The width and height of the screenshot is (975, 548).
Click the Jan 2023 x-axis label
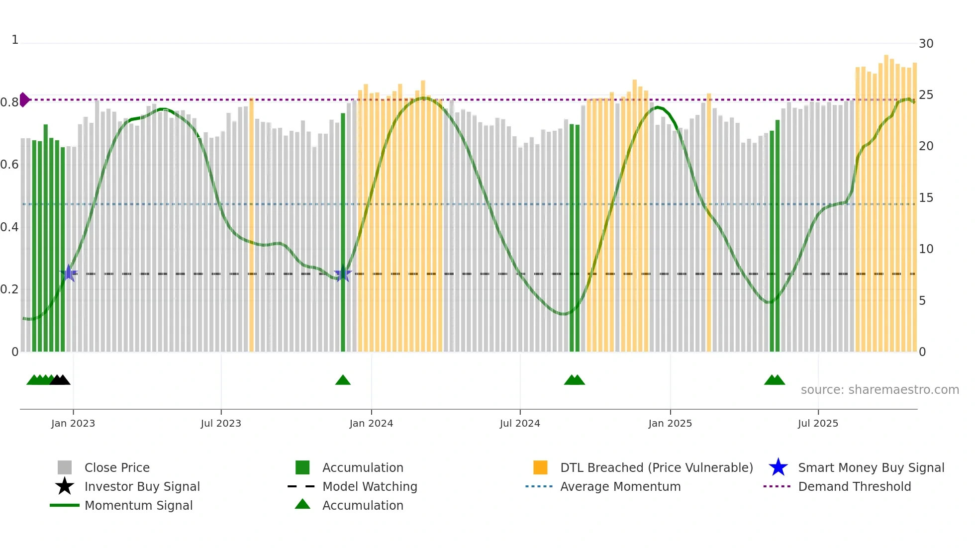[x=73, y=423]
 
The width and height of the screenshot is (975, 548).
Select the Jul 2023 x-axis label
[x=221, y=423]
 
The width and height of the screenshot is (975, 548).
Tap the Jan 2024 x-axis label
[x=371, y=423]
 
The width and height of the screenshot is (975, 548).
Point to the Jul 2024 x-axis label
[x=520, y=423]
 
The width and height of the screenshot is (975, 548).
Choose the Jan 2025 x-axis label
[x=670, y=423]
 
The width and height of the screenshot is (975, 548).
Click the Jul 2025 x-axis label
[x=818, y=423]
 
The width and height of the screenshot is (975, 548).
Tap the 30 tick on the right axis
[x=926, y=44]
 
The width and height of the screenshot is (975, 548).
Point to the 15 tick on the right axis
[x=926, y=198]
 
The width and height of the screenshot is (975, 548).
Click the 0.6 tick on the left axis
[x=9, y=165]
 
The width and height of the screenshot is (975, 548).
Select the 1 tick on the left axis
[x=15, y=40]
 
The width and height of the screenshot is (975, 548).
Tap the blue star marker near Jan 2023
[x=69, y=273]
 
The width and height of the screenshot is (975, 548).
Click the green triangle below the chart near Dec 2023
[x=343, y=380]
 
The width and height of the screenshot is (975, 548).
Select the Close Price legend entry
[x=116, y=467]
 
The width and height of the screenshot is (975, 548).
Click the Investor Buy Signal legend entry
[x=142, y=486]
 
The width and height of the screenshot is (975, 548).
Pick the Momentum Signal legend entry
[x=138, y=505]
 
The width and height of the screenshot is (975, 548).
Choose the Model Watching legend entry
[x=370, y=486]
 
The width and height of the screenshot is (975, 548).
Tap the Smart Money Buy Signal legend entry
[x=871, y=467]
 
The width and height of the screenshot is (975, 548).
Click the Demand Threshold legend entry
[x=854, y=486]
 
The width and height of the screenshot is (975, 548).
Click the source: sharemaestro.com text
[x=879, y=390]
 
